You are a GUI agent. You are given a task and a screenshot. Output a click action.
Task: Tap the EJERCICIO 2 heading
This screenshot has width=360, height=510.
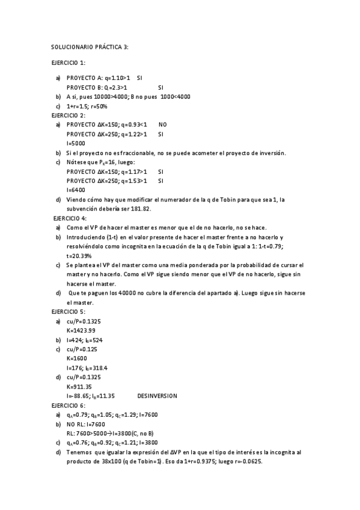click(68, 115)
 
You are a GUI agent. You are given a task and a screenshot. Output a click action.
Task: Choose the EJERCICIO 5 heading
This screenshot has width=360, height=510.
click(68, 312)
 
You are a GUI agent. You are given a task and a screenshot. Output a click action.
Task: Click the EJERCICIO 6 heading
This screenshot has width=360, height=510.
click(68, 405)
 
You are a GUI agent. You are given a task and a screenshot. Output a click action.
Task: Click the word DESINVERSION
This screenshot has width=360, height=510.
click(157, 396)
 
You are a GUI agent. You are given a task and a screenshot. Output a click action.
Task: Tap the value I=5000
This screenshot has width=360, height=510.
click(76, 143)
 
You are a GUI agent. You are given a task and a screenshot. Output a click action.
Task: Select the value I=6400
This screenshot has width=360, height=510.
click(76, 190)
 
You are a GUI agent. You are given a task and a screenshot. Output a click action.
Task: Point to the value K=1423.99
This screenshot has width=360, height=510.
click(81, 330)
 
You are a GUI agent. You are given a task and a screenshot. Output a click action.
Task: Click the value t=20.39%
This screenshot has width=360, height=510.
click(79, 256)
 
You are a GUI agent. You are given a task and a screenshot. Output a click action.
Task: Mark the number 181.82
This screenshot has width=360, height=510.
click(139, 209)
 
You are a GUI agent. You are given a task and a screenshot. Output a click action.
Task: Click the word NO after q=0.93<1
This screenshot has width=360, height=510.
click(163, 124)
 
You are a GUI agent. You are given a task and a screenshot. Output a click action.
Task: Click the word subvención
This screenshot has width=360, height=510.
click(82, 209)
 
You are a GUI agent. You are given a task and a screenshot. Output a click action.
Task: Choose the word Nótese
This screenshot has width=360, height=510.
click(76, 162)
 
